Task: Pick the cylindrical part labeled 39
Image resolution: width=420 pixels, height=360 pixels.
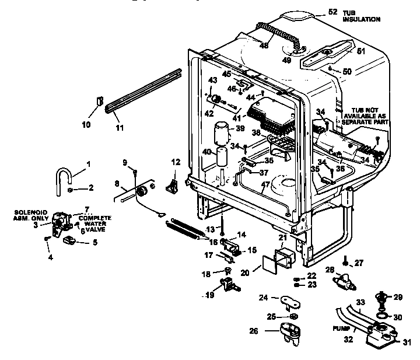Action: pos(222,132)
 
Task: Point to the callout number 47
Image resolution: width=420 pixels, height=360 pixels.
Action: pos(267,185)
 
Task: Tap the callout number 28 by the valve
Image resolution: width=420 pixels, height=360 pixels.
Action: pos(330,269)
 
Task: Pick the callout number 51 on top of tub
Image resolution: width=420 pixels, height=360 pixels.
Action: pos(361,51)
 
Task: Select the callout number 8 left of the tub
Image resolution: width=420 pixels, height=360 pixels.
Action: pos(117,183)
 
